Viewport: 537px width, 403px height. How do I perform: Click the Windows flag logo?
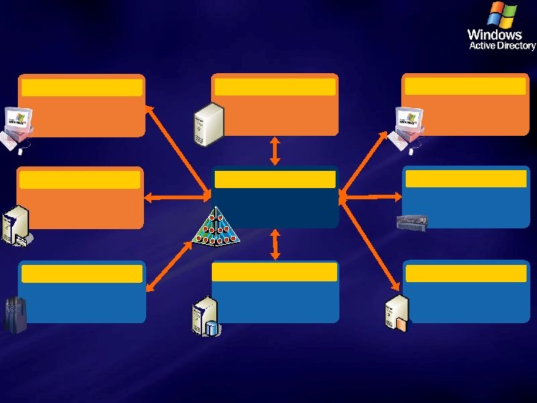click(502, 15)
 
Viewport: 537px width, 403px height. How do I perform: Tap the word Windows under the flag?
click(494, 34)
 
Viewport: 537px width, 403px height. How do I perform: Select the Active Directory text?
click(502, 46)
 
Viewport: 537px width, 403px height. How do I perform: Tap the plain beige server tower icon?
click(208, 122)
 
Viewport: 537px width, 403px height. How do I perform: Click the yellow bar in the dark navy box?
click(274, 179)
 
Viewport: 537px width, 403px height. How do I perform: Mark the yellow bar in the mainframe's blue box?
click(81, 274)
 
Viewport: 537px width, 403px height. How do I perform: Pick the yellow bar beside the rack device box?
click(465, 178)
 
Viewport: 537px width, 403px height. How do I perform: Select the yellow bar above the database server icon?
click(274, 272)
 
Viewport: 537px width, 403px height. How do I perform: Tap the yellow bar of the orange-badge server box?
click(465, 273)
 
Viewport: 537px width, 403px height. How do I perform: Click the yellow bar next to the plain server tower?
click(274, 87)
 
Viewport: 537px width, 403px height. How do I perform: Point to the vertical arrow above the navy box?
click(274, 150)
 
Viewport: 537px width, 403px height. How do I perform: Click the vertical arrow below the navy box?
click(275, 244)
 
